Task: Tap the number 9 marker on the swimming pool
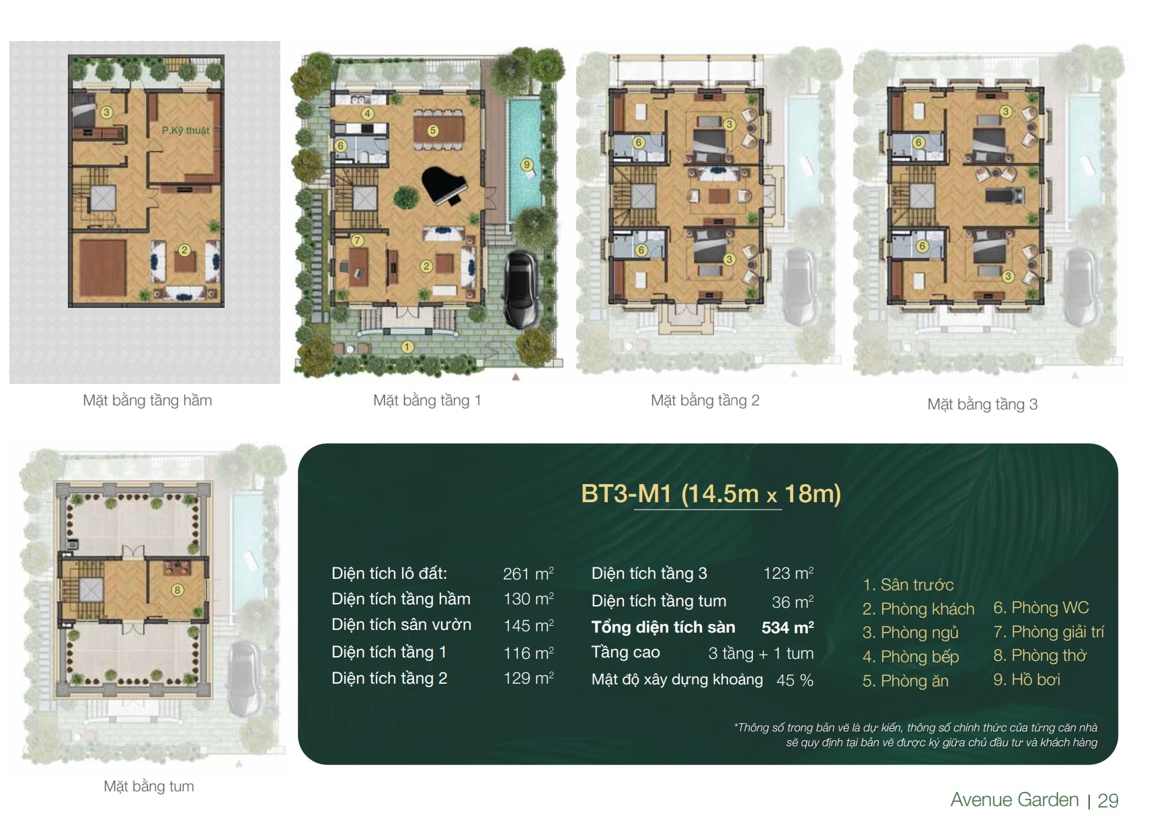click(x=526, y=165)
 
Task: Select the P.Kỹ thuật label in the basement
click(x=186, y=131)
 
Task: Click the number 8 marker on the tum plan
click(x=177, y=590)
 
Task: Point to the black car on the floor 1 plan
click(x=520, y=289)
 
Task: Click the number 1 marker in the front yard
click(x=407, y=347)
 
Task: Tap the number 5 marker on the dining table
click(x=433, y=130)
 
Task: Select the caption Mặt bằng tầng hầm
click(x=147, y=401)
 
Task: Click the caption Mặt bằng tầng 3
click(x=982, y=405)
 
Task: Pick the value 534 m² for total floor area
click(x=788, y=627)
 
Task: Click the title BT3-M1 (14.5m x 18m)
click(x=711, y=493)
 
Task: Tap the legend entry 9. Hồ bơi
click(x=1027, y=680)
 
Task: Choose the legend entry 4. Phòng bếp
click(x=910, y=657)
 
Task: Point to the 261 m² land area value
click(x=528, y=573)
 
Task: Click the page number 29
click(x=1108, y=801)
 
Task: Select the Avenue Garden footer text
click(x=1015, y=800)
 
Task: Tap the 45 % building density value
click(x=795, y=680)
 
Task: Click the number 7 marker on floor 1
click(x=358, y=240)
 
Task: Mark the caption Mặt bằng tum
click(x=149, y=786)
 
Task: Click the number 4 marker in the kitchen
click(x=367, y=114)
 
